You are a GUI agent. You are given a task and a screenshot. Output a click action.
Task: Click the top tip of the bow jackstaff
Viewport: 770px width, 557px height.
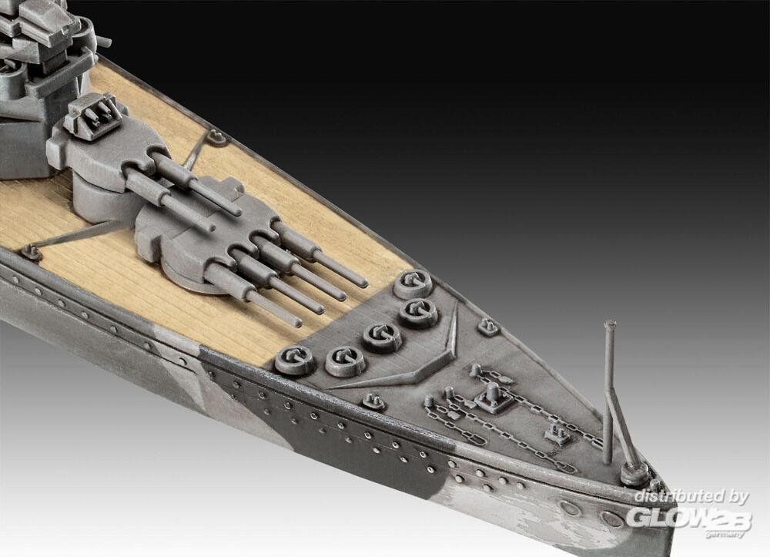610,324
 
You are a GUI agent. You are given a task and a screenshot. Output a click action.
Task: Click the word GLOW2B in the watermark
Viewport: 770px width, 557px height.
688,517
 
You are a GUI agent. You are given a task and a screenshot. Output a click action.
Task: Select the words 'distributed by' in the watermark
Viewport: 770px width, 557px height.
691,497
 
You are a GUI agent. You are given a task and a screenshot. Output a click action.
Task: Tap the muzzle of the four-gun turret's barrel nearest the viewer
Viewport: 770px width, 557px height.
297,324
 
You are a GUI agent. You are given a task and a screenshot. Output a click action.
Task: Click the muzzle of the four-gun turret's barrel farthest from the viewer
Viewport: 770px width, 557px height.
363,284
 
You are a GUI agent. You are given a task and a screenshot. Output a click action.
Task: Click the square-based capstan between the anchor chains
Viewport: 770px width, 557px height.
491,397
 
